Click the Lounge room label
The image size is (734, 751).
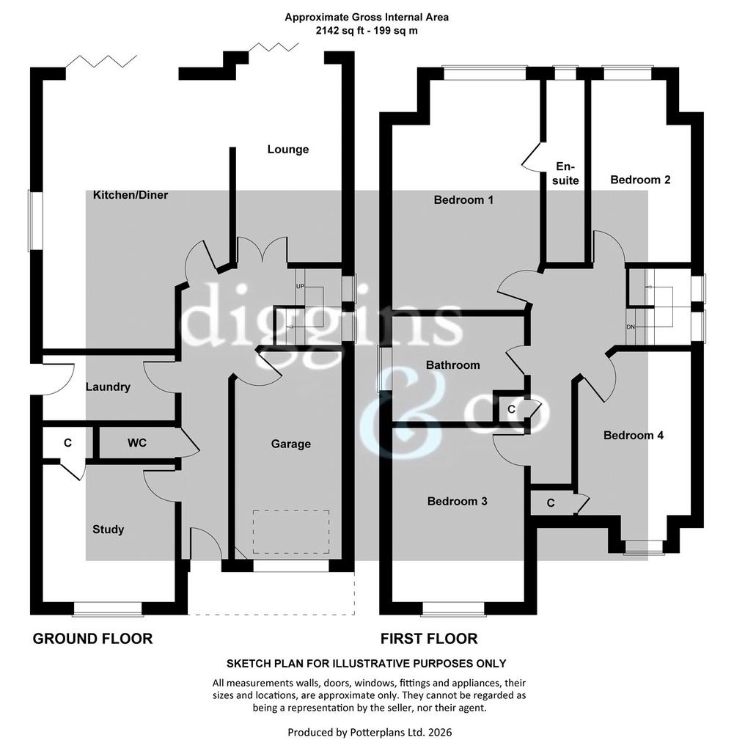[x=287, y=150]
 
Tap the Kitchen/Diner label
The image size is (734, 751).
[x=131, y=195]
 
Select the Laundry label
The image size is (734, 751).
[x=108, y=387]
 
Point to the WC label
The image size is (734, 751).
[x=137, y=443]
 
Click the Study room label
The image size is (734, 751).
[x=109, y=530]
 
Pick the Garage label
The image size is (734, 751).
[x=290, y=444]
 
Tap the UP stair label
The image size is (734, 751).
[x=300, y=287]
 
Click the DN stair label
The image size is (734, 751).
[x=631, y=327]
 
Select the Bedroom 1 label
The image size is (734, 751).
[x=463, y=199]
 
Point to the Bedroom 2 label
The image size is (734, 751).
[x=641, y=180]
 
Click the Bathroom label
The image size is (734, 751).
[x=453, y=365]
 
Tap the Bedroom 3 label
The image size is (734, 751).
[x=458, y=501]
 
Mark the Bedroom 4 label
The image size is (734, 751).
[x=634, y=436]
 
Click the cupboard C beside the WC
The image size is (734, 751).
[x=67, y=443]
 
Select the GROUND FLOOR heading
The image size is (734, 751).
[x=92, y=639]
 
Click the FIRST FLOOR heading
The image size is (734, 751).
[x=429, y=639]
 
